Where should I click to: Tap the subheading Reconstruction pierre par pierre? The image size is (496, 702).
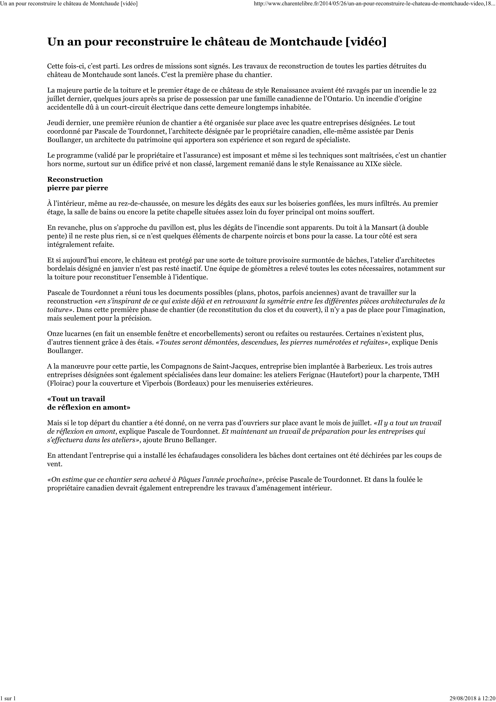pyautogui.click(x=78, y=183)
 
